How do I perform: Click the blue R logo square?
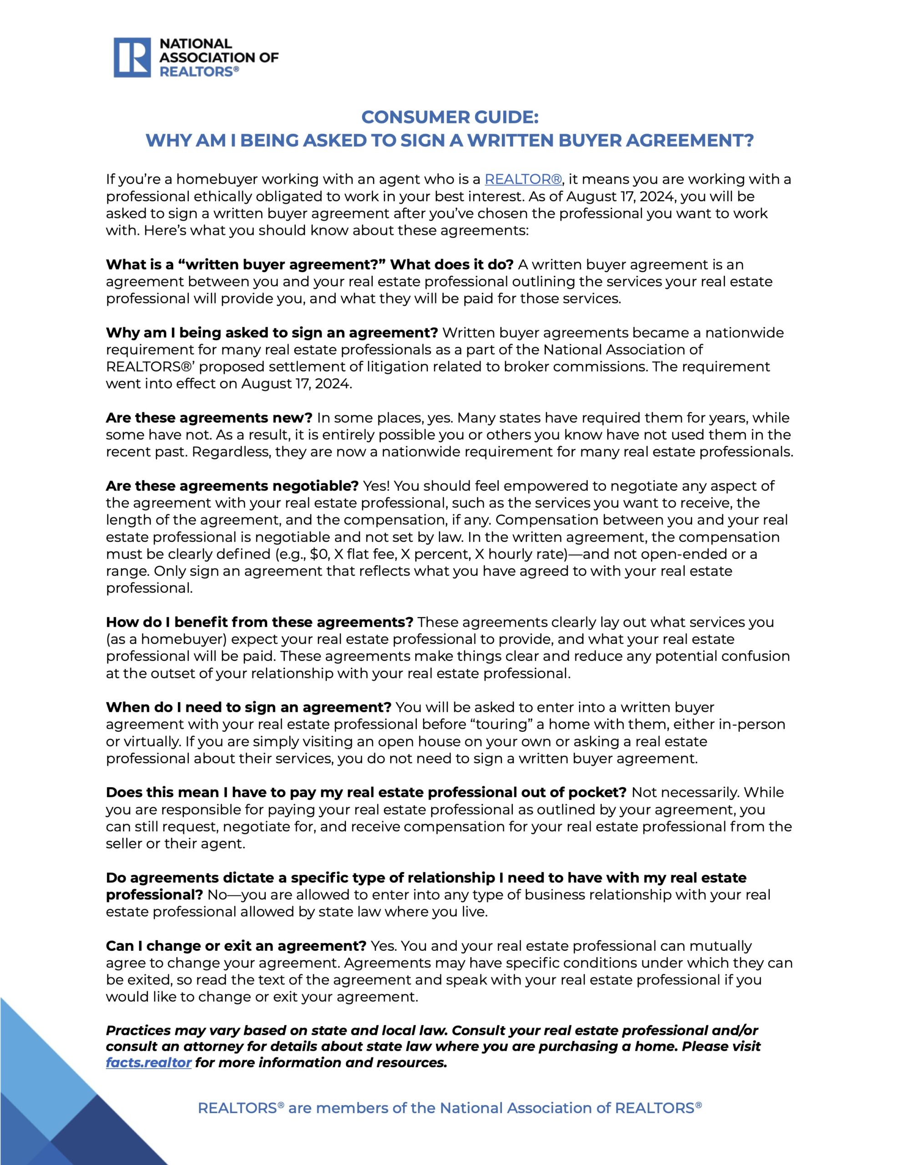(x=132, y=58)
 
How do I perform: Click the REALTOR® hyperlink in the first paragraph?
(x=523, y=179)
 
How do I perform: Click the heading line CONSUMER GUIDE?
(x=450, y=117)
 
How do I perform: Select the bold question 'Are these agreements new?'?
(x=209, y=418)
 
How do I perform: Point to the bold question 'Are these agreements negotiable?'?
(x=232, y=486)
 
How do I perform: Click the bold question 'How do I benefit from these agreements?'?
(x=259, y=622)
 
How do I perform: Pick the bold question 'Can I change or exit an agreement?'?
(x=236, y=946)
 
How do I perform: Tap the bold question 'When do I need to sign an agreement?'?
(x=248, y=707)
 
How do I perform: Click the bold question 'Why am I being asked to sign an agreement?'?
(x=272, y=333)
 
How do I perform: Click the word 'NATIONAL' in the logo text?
(x=196, y=44)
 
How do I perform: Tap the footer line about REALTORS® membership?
(x=450, y=1109)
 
